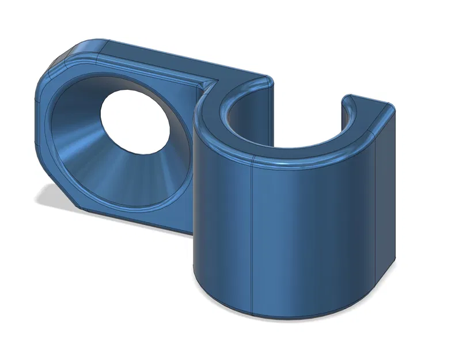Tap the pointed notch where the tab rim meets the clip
point(211,85)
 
